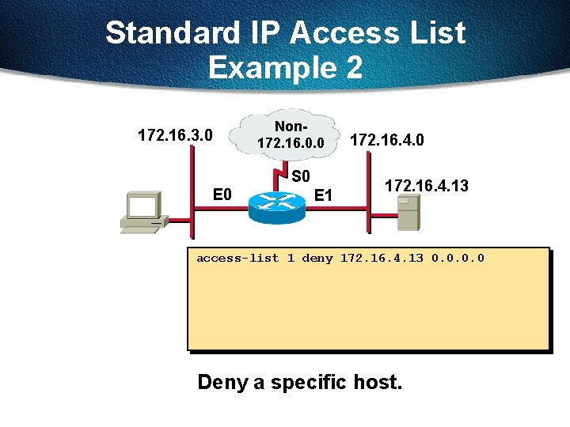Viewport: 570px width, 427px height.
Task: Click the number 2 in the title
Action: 352,68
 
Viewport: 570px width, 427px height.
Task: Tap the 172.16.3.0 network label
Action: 175,135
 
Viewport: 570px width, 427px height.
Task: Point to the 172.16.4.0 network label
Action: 387,141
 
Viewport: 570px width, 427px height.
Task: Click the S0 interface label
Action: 301,176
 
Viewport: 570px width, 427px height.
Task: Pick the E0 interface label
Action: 222,195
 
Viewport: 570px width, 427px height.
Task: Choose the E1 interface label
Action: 323,195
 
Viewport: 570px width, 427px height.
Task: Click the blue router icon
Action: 275,203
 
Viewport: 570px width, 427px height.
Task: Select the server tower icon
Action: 407,212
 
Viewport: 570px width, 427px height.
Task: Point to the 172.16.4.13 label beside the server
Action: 426,186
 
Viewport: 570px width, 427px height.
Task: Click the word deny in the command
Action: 317,259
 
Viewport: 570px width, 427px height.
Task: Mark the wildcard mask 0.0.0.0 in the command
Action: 457,259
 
